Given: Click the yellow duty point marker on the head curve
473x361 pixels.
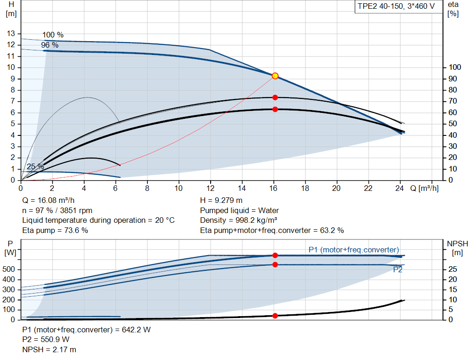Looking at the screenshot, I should coord(275,76).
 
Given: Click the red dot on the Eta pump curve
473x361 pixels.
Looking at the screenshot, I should coord(275,98).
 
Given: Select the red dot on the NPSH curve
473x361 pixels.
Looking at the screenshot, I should coord(275,316).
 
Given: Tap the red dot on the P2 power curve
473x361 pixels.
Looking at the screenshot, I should coord(275,264).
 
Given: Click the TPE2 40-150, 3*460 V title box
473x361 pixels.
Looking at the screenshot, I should coord(396,7).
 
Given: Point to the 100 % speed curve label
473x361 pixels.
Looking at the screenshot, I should coord(53,35).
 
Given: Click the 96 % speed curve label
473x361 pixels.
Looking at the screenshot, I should coord(49,45).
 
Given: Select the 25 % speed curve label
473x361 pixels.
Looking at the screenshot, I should coord(35,166).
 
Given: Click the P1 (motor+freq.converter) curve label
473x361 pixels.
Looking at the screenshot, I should coord(353,250).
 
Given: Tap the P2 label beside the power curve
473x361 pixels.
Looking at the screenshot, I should coord(397,270).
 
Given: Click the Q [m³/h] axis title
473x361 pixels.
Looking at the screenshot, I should coord(424,189).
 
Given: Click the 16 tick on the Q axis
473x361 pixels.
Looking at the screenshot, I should coord(273,189).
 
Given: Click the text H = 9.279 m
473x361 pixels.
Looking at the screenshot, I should coord(221,201).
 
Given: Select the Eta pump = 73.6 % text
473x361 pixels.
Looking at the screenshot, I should coord(55,230).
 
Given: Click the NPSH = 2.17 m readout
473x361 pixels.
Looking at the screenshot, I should coord(49,350).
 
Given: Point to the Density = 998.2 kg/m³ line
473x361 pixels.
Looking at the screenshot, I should coord(239,220).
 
